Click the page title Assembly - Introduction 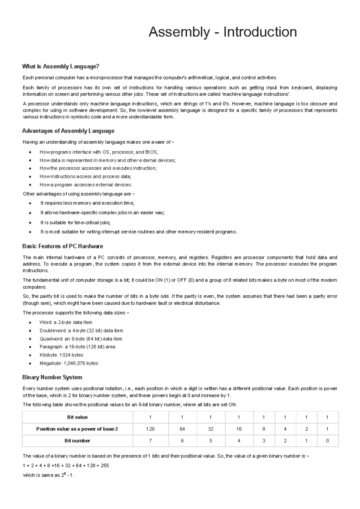(x=223, y=32)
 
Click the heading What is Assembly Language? (x=61, y=66)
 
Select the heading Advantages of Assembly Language (x=68, y=131)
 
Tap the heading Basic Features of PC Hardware (x=62, y=246)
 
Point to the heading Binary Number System (x=52, y=377)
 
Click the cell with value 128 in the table (x=150, y=429)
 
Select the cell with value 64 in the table (x=182, y=429)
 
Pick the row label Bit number (x=77, y=441)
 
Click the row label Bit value (x=77, y=417)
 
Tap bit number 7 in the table (x=150, y=441)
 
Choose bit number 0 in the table (x=327, y=441)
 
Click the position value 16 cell (x=239, y=429)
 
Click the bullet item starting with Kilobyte (x=61, y=355)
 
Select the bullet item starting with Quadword (x=81, y=339)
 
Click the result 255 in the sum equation (x=105, y=466)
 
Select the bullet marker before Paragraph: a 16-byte (x=30, y=347)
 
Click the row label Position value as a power (x=77, y=429)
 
